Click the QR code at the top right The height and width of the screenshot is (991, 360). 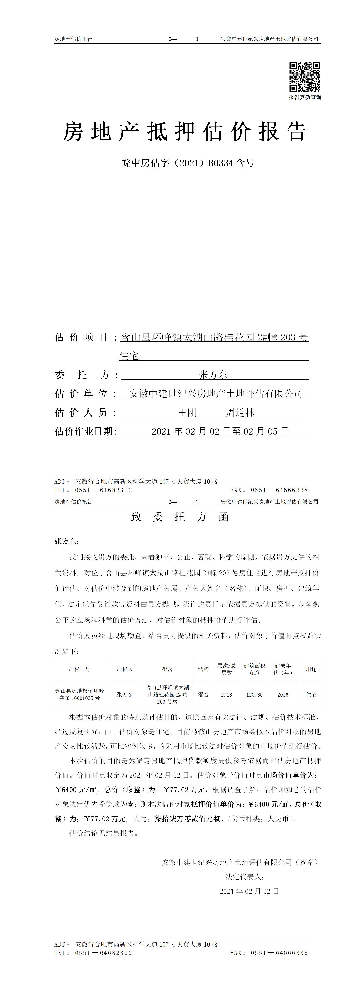click(305, 77)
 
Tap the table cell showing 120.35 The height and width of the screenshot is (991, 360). click(255, 695)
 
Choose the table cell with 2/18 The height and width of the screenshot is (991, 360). click(227, 695)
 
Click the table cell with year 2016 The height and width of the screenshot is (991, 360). click(283, 695)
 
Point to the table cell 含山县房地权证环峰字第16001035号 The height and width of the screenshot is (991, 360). click(80, 695)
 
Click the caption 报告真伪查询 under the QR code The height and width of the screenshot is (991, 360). click(305, 97)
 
